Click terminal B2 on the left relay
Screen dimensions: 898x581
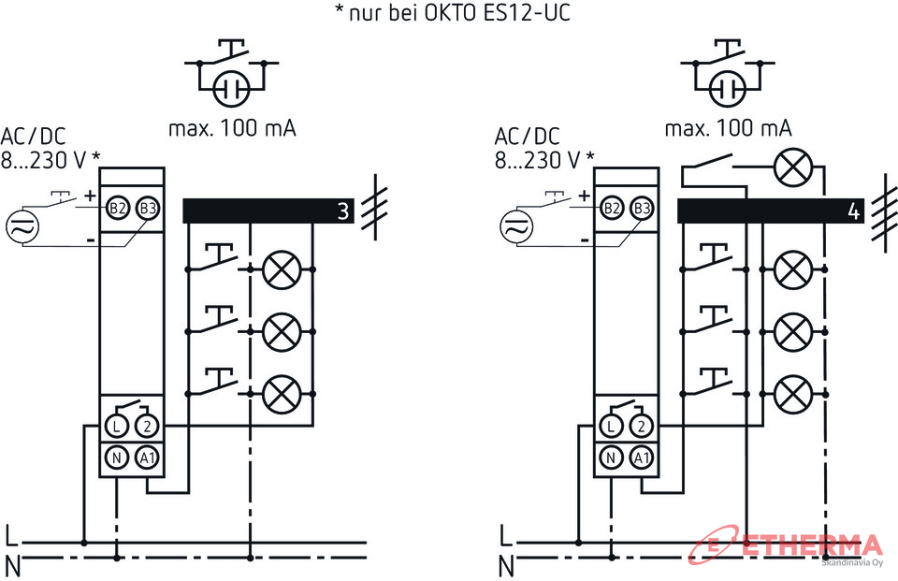[117, 208]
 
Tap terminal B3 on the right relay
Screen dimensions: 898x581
[643, 208]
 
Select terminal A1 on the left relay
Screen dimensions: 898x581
[147, 458]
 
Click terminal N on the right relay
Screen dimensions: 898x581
[611, 458]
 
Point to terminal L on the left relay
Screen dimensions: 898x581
[117, 426]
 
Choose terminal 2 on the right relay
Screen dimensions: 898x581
[642, 426]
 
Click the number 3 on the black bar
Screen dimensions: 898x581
[343, 211]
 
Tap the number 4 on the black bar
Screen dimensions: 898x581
[853, 211]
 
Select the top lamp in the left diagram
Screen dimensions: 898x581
[282, 269]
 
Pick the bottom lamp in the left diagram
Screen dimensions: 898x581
[282, 394]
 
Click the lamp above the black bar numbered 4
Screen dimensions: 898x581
[793, 167]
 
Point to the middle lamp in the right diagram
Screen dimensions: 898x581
[793, 332]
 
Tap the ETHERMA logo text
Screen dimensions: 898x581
[813, 545]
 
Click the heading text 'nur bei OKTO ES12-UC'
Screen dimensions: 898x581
[460, 12]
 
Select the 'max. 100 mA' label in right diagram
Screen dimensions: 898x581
[728, 128]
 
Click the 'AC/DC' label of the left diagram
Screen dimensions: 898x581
[34, 137]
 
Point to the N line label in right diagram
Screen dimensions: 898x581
[506, 567]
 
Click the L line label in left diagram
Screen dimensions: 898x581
[11, 536]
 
